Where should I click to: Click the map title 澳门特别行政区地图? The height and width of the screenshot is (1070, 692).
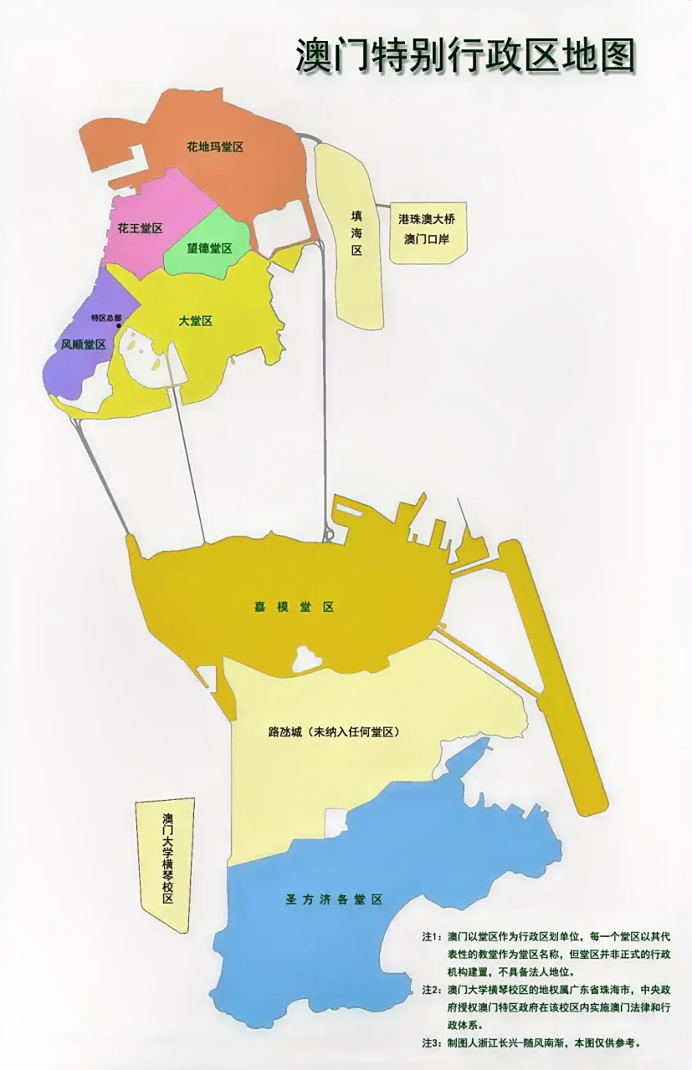click(465, 56)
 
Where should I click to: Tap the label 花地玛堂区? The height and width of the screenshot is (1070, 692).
click(215, 147)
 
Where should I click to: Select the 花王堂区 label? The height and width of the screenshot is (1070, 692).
click(140, 228)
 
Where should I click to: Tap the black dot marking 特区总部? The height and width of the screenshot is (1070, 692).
click(118, 327)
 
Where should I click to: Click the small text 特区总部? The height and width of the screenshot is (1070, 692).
click(106, 318)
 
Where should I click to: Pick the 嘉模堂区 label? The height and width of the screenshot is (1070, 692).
click(294, 607)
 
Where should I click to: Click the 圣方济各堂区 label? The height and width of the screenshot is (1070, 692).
click(334, 899)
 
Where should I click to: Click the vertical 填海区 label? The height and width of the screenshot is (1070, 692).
click(356, 233)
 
